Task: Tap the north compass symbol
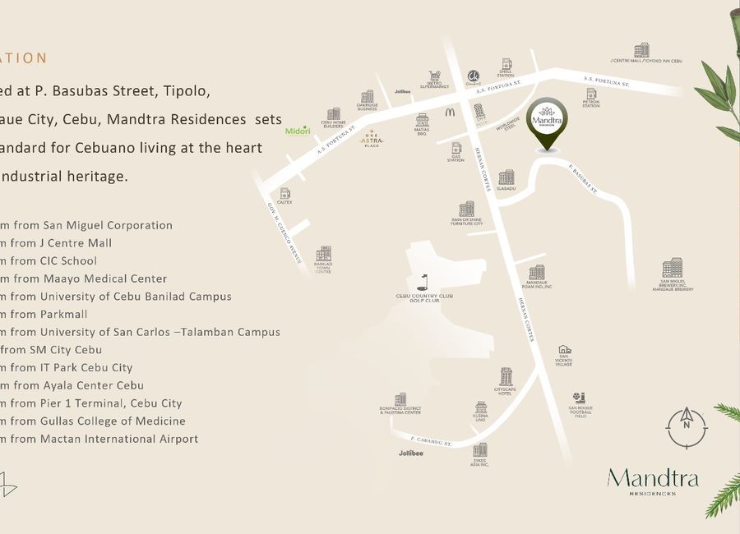(686, 428)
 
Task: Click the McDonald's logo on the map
(451, 111)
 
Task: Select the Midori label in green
(297, 131)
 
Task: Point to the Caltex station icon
(285, 194)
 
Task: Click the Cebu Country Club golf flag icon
(423, 280)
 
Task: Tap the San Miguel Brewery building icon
(672, 269)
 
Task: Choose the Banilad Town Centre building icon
(323, 254)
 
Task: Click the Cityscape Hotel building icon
(505, 377)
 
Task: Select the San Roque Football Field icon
(579, 398)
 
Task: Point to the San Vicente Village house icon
(564, 350)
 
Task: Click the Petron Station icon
(591, 94)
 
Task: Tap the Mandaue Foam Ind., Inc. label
(536, 285)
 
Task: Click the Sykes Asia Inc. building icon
(479, 449)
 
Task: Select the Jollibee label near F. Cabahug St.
(411, 453)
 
